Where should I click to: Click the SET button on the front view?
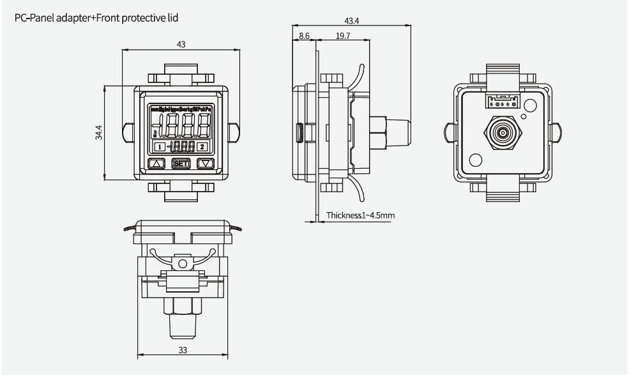point(180,164)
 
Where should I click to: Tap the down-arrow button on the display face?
point(204,164)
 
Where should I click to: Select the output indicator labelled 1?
point(158,146)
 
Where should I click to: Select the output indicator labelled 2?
point(202,146)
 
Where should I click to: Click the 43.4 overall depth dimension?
point(350,21)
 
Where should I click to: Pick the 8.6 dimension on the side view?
point(304,37)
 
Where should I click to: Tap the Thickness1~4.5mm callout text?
point(360,215)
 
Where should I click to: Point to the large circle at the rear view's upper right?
point(529,103)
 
